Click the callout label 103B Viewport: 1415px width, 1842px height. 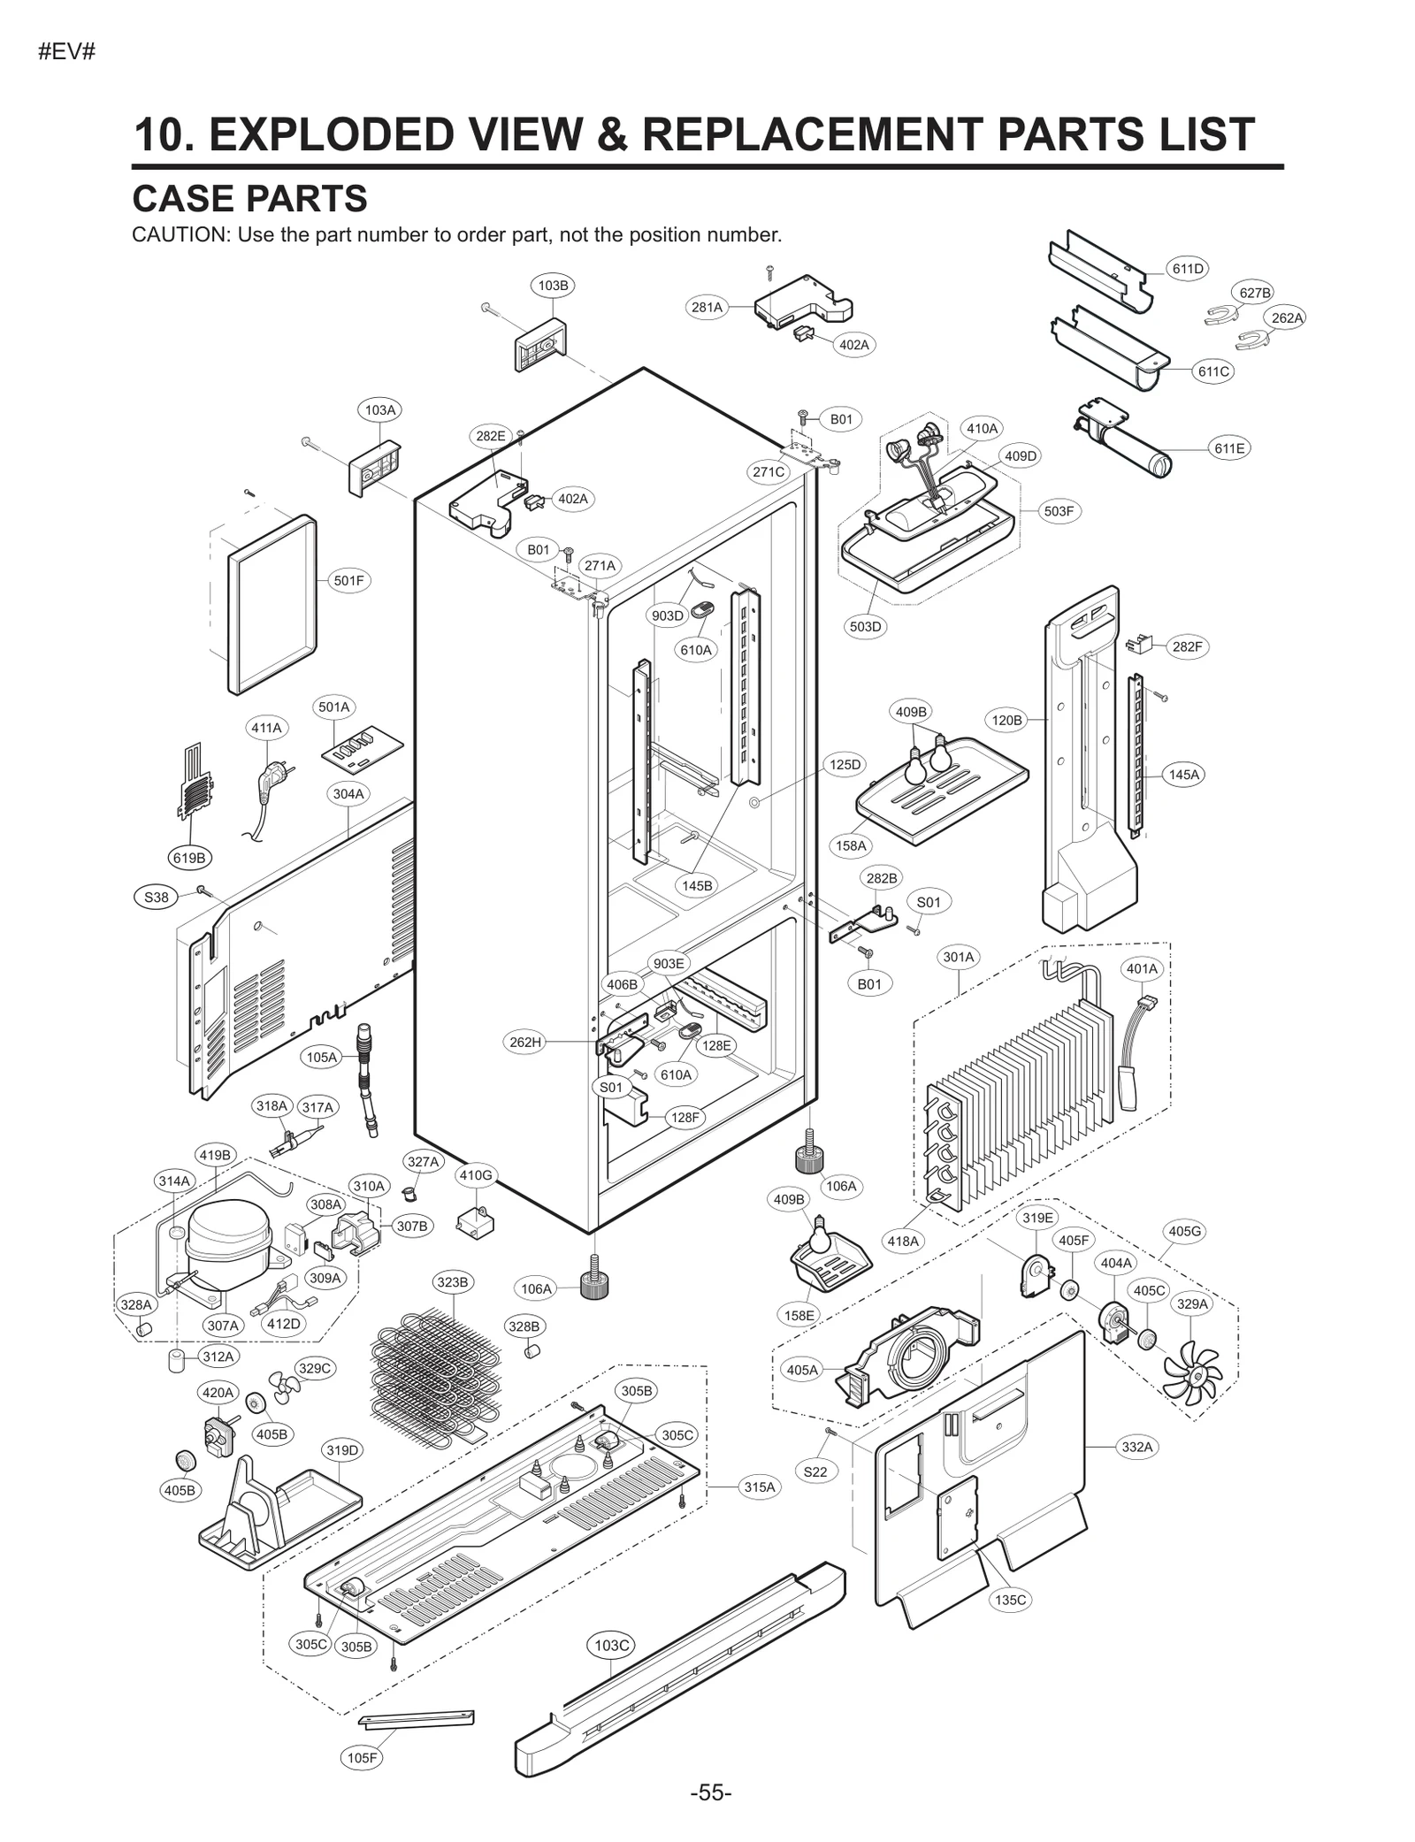pyautogui.click(x=553, y=286)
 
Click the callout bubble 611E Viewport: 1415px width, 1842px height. pyautogui.click(x=1228, y=448)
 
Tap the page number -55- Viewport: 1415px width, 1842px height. pyautogui.click(x=710, y=1793)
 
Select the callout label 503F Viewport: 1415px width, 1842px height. pyautogui.click(x=1058, y=511)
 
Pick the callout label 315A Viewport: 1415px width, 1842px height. pyautogui.click(x=759, y=1487)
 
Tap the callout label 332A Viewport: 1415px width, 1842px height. pyautogui.click(x=1136, y=1447)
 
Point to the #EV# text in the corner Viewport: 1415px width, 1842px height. pyautogui.click(x=67, y=52)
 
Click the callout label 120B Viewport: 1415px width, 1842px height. pyautogui.click(x=1006, y=720)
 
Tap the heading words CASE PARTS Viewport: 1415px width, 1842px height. pyautogui.click(x=249, y=199)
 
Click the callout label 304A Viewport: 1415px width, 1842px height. pyautogui.click(x=348, y=794)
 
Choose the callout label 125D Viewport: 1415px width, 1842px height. pyautogui.click(x=844, y=764)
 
